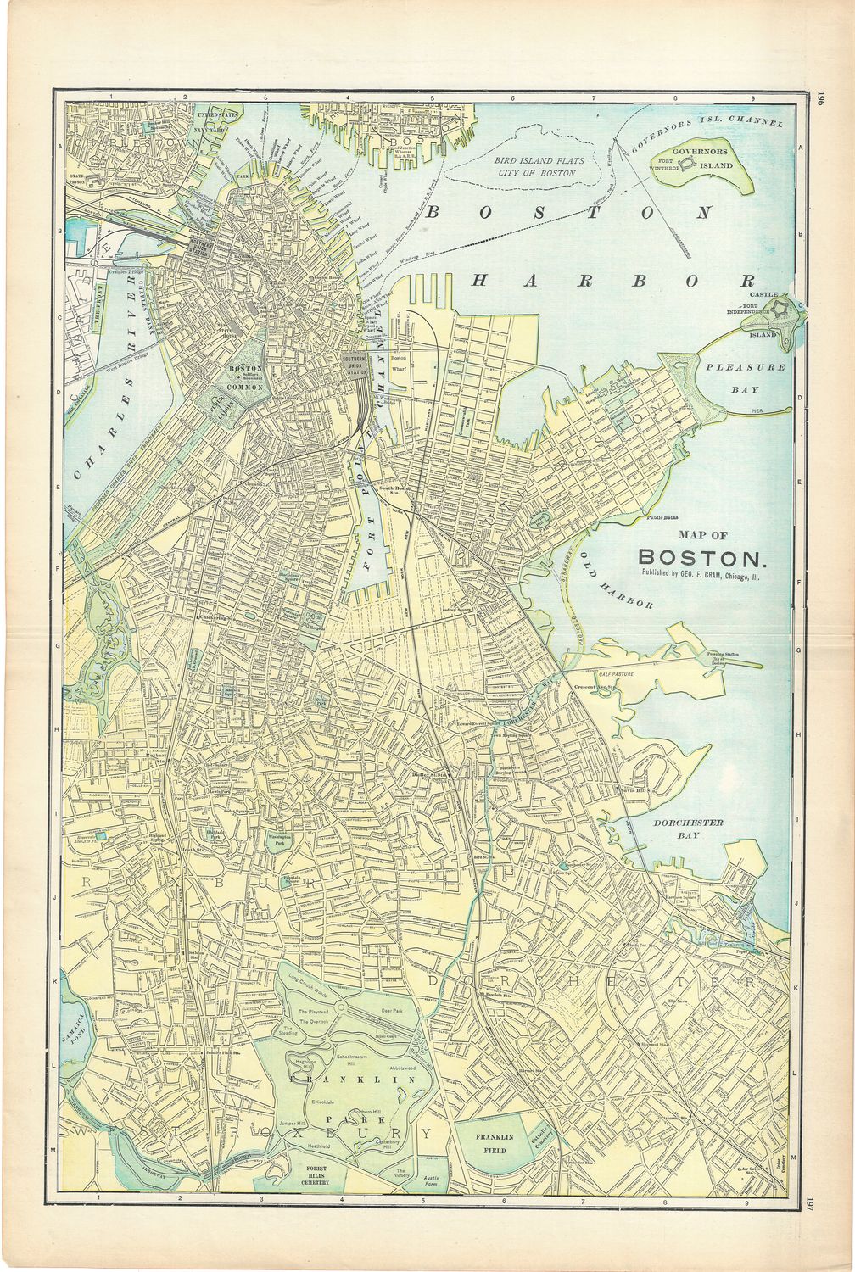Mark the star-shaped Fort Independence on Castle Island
[x=784, y=309]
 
